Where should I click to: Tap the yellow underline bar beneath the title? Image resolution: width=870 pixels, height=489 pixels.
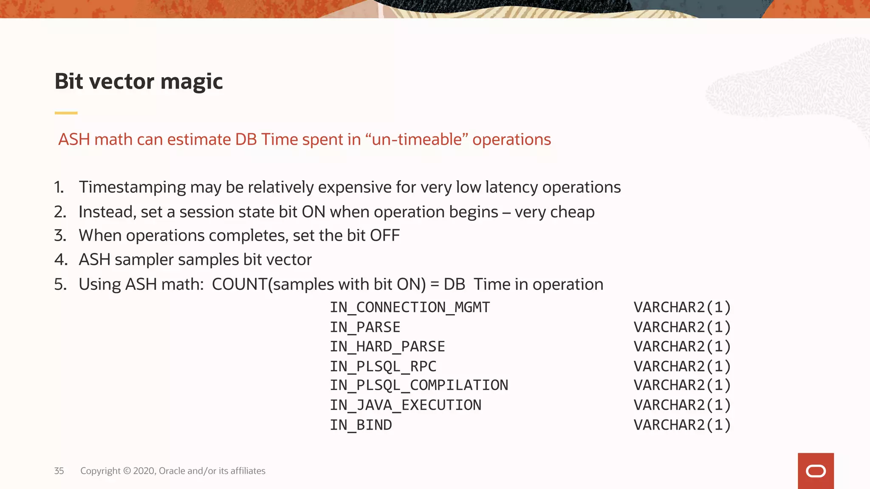(x=66, y=113)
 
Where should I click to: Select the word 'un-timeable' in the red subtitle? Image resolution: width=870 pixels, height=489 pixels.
(x=416, y=140)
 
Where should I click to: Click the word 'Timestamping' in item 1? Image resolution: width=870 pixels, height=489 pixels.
(x=132, y=187)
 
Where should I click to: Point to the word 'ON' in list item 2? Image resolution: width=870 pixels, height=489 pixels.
(x=313, y=212)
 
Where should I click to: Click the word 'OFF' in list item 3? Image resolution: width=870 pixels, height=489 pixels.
(x=384, y=236)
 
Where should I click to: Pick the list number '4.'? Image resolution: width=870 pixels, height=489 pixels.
(x=61, y=260)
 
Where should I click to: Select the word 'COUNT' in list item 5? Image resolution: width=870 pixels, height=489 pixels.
(x=240, y=284)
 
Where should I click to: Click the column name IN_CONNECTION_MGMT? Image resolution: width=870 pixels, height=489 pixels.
(x=410, y=307)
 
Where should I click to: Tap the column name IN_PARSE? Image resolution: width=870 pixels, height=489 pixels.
(x=365, y=327)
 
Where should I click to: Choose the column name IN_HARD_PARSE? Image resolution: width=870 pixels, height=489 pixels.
(x=387, y=347)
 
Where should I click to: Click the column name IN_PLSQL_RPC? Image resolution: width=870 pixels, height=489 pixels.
(x=383, y=366)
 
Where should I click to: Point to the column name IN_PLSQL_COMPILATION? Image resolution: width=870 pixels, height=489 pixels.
(x=419, y=385)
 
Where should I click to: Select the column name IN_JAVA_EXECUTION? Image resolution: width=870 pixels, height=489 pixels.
(x=406, y=405)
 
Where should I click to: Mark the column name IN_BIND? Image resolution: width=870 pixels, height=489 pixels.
(x=361, y=425)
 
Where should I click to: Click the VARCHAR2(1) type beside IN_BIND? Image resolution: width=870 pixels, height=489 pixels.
(x=682, y=425)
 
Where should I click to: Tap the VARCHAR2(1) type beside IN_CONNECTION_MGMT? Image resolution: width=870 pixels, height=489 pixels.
(x=682, y=307)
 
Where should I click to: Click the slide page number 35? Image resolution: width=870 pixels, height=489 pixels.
(x=59, y=471)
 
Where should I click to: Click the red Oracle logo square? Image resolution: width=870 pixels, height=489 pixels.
(x=816, y=471)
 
